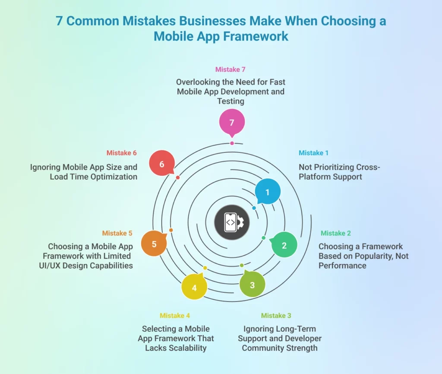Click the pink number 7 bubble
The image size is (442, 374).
coord(232,122)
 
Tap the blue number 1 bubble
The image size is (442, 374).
coord(268,191)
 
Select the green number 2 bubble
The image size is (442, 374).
coord(284,245)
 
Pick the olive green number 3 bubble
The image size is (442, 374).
coord(253,284)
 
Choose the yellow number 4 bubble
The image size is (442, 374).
coord(194,287)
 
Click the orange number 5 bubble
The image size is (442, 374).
coord(154,244)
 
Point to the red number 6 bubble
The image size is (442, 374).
coord(162,164)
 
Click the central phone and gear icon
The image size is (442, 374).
coord(232,222)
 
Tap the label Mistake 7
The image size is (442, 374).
coord(230,70)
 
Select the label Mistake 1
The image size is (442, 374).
coord(314,153)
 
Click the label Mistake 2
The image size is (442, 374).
coord(336,233)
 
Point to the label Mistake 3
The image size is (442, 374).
coord(276,316)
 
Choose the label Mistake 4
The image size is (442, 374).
coord(175,316)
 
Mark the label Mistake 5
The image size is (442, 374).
coord(117,233)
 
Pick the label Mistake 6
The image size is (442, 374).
coord(122,153)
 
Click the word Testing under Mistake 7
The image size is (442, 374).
coord(231,101)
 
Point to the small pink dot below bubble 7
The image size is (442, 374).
coord(232,143)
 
